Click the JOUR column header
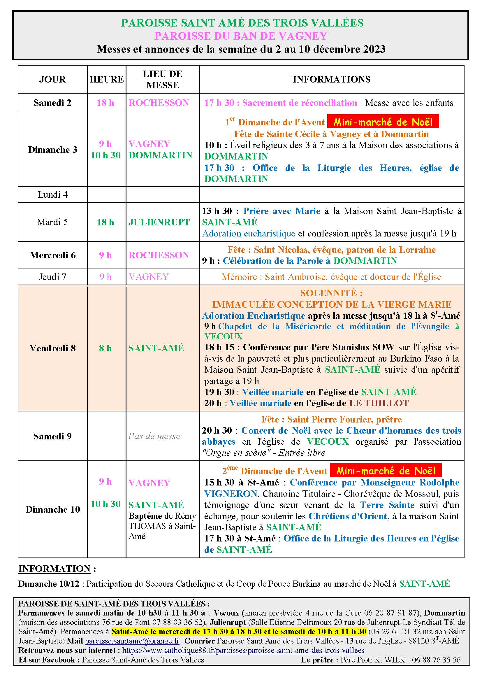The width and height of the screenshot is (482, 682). (52, 79)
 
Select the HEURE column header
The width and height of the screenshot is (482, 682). (107, 79)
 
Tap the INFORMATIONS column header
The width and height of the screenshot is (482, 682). (332, 79)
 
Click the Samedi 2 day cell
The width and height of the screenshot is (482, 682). (52, 103)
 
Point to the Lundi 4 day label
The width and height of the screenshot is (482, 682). (52, 194)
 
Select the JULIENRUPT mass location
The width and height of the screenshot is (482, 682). (159, 222)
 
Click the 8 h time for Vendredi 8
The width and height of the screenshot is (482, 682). (105, 348)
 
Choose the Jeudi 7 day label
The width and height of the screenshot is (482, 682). (52, 277)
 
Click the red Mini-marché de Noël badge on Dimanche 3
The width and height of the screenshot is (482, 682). (383, 122)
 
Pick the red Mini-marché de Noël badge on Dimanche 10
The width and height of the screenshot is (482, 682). (386, 471)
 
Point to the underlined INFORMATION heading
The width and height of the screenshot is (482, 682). (54, 569)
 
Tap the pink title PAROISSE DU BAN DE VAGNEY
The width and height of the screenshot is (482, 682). (241, 36)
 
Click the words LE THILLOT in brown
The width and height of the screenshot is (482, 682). (379, 403)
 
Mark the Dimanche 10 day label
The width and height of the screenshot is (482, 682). (53, 509)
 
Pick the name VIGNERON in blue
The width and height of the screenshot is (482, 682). (231, 494)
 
